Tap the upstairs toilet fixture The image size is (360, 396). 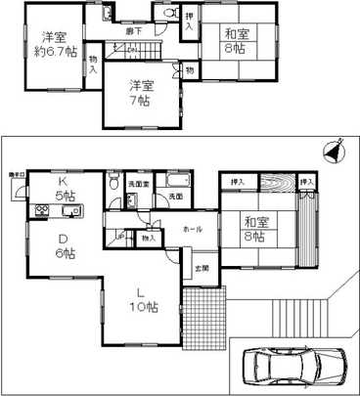click(167, 14)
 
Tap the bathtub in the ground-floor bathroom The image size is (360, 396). click(178, 183)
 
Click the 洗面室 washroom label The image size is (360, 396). click(141, 185)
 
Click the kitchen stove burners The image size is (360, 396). click(44, 211)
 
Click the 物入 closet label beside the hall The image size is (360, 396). click(148, 238)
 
